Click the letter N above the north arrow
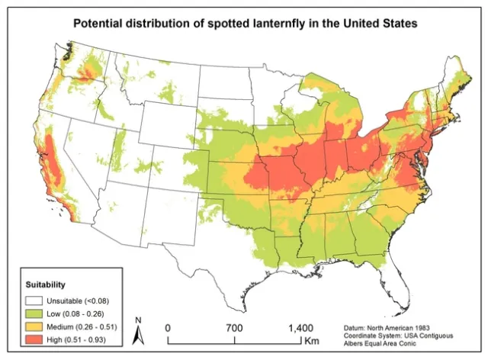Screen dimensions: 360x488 (137, 320)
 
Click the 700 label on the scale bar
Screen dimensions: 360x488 (234, 327)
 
